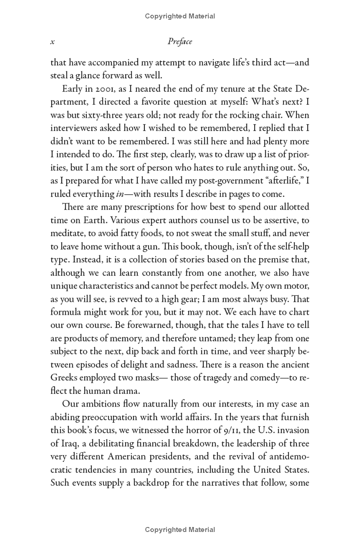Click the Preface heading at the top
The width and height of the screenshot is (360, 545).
coord(180,42)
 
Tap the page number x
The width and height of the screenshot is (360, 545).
coord(53,42)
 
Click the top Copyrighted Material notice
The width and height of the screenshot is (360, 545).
coord(180,16)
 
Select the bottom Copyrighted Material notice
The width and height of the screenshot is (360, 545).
coord(180,530)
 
